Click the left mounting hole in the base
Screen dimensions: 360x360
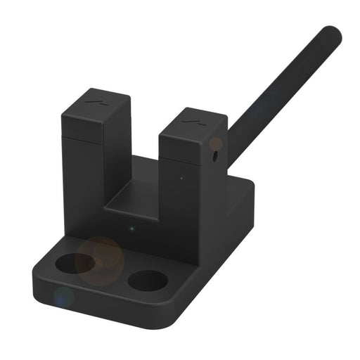click(75, 264)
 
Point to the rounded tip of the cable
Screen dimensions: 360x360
click(331, 34)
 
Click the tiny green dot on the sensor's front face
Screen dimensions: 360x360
click(131, 227)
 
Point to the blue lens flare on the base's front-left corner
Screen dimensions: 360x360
click(63, 296)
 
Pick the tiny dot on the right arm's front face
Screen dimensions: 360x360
click(181, 178)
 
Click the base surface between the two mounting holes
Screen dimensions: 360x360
click(111, 274)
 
